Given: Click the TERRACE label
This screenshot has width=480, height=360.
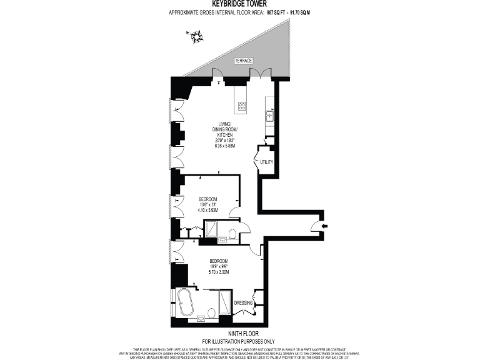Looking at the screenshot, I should click(243, 60).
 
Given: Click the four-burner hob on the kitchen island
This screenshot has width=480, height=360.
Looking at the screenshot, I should click(241, 106).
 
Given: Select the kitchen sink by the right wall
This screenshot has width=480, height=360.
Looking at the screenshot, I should click(271, 115).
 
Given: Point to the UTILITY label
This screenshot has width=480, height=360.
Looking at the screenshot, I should click(267, 162).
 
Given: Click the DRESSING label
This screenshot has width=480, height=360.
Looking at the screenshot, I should click(243, 303).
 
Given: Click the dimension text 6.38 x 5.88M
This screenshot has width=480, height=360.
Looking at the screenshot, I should click(225, 146).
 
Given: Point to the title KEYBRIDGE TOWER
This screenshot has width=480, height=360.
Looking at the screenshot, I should click(239, 3).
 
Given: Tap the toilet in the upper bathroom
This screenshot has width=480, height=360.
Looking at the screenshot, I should click(232, 234).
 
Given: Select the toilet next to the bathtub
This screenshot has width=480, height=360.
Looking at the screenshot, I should click(212, 313).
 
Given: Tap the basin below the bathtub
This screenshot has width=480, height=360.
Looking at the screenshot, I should click(201, 319).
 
